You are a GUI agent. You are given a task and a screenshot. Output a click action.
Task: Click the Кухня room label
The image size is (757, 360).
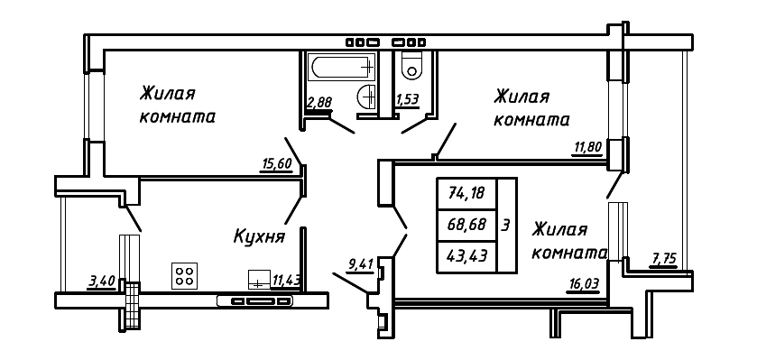[x=259, y=237]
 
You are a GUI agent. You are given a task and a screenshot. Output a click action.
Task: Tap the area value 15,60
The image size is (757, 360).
[x=277, y=163]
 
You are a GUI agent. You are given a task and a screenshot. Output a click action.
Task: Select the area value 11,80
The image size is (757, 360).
[x=587, y=148]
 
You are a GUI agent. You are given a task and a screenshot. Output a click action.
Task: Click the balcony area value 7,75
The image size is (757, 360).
[x=663, y=259]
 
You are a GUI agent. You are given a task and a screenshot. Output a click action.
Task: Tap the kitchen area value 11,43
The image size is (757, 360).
[x=286, y=281]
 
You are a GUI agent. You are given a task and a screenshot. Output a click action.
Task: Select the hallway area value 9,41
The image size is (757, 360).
[x=360, y=264]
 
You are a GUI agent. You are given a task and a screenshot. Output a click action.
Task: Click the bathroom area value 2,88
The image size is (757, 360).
[x=318, y=102]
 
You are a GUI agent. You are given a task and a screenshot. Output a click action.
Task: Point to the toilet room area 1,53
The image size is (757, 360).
[x=407, y=100]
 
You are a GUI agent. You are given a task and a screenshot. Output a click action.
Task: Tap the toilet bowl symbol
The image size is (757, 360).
[x=412, y=66]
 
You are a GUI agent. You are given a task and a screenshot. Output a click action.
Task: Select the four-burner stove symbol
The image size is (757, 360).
[x=185, y=275]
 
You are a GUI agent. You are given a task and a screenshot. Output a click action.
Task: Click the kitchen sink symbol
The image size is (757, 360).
[x=258, y=279]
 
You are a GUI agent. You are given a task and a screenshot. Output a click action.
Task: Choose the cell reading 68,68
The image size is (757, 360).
[x=466, y=223]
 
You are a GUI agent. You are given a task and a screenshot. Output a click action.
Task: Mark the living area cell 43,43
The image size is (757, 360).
[x=466, y=254]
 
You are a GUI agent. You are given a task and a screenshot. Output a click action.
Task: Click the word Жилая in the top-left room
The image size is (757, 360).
[x=168, y=94]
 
